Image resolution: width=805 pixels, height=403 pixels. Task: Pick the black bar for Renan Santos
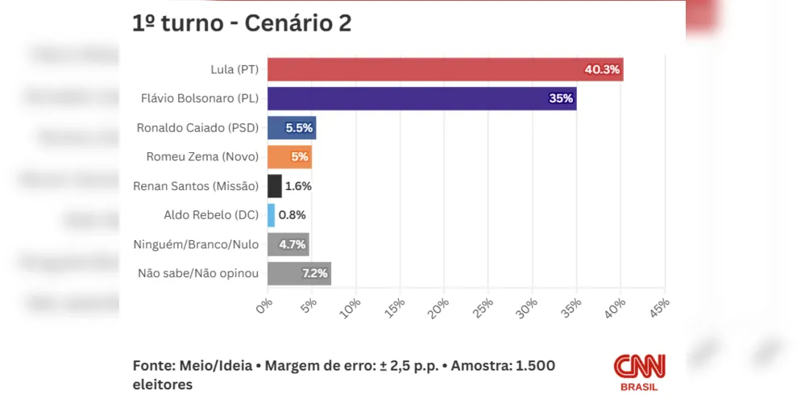click(x=274, y=186)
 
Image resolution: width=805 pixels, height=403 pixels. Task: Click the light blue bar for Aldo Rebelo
click(x=271, y=215)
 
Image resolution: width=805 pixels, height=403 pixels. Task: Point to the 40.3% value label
click(x=602, y=69)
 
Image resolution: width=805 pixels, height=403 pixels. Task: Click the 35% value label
click(x=561, y=98)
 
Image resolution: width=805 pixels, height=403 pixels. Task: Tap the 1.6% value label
click(x=298, y=186)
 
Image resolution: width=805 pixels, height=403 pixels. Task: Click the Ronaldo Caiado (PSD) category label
click(x=198, y=127)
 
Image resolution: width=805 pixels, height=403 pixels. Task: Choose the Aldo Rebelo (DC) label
click(x=210, y=215)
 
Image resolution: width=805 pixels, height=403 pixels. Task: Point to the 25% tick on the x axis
click(x=483, y=307)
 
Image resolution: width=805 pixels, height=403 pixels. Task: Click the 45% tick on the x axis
click(x=658, y=307)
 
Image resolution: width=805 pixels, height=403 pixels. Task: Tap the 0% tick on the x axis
click(x=264, y=305)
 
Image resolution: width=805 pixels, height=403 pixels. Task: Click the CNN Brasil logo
click(x=639, y=372)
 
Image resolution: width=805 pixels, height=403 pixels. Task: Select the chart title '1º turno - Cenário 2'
click(x=242, y=23)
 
